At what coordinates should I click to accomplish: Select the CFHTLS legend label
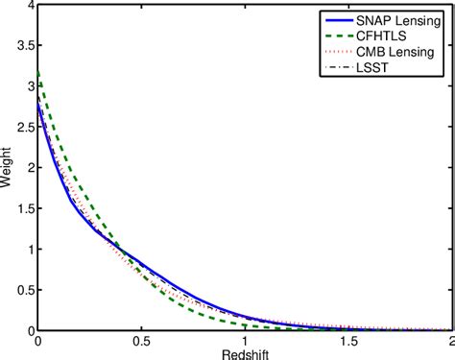tap(383, 36)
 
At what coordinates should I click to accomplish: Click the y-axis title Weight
tap(9, 169)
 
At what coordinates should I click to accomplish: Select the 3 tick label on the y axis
tap(27, 87)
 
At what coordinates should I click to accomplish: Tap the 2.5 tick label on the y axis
tap(21, 128)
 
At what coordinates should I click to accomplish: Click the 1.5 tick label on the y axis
tap(21, 208)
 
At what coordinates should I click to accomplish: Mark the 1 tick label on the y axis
tap(27, 250)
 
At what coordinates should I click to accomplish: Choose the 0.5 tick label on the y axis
tap(21, 290)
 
